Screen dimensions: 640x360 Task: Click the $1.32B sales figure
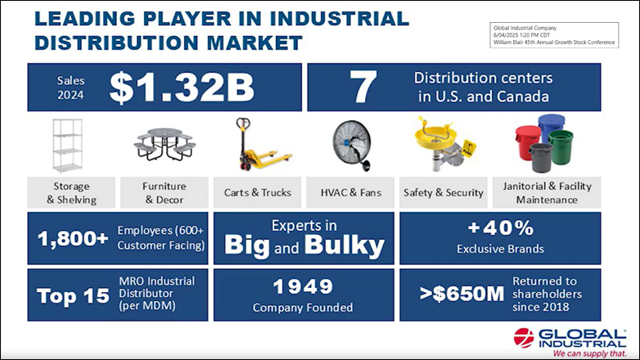[182, 88]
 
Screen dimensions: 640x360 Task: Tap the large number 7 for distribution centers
[363, 87]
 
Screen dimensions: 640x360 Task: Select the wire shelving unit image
[67, 146]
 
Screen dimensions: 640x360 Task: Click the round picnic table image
[165, 144]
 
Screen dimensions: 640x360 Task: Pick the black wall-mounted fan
[352, 145]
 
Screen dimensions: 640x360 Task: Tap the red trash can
[527, 142]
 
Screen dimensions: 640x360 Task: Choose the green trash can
[561, 146]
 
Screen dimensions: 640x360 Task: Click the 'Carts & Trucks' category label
[258, 192]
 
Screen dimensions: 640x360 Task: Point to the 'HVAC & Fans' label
[350, 192]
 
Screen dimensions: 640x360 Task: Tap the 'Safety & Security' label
[444, 192]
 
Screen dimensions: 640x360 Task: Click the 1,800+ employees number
[73, 238]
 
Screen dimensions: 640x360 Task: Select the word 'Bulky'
[344, 245]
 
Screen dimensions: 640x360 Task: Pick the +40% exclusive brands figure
[501, 227]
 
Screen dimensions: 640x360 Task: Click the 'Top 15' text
[73, 296]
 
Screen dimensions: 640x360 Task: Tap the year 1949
[304, 286]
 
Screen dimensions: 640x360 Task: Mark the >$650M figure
[462, 294]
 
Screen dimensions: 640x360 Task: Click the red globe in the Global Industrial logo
[524, 338]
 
